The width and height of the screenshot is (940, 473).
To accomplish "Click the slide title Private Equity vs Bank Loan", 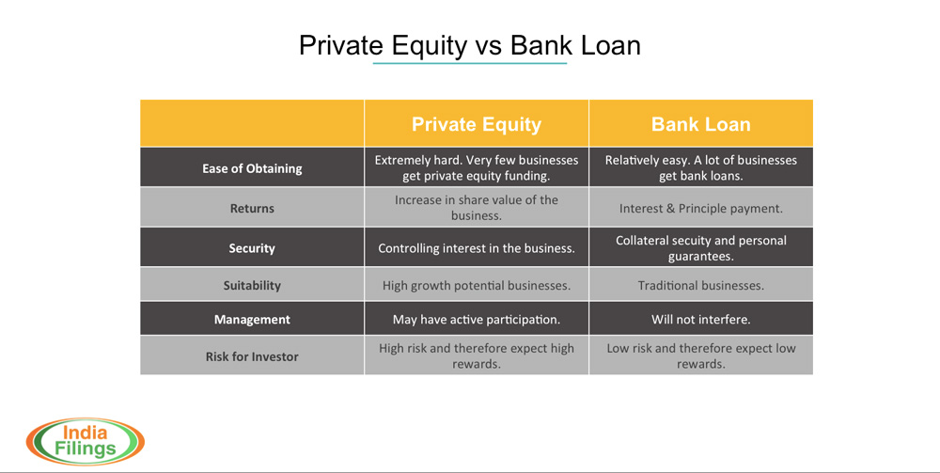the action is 470,45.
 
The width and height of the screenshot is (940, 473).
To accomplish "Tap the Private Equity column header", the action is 477,124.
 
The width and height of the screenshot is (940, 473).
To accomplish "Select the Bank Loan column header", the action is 701,124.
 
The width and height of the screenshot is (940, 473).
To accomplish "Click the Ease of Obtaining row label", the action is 252,168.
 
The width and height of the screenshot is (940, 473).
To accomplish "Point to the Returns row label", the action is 252,209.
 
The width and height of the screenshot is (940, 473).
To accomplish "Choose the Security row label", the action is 252,248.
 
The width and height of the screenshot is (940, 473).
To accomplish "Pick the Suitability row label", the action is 252,285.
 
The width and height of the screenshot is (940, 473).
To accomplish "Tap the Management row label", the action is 252,320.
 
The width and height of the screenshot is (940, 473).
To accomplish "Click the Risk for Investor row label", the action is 252,356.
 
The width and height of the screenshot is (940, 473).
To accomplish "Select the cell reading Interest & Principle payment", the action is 701,209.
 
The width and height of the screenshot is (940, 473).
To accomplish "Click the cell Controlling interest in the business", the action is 477,248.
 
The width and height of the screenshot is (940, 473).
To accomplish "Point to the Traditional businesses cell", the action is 701,285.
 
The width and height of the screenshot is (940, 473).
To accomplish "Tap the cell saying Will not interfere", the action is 701,320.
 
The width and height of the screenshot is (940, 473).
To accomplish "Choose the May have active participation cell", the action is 477,320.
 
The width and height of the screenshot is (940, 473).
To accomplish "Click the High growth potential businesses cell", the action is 477,285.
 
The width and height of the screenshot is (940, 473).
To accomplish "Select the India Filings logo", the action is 86,442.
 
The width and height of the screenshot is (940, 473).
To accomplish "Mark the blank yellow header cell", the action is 252,123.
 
